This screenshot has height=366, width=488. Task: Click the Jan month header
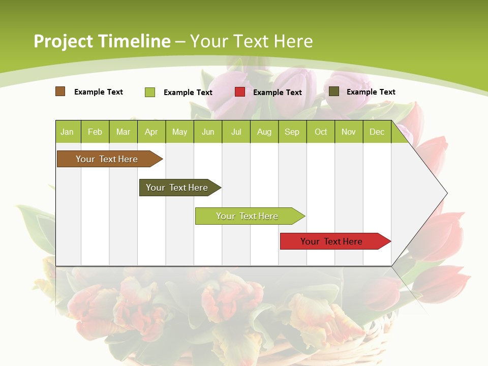[67, 132]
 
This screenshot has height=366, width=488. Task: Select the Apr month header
[151, 132]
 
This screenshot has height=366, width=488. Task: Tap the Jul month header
[236, 132]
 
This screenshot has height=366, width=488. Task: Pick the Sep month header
[292, 132]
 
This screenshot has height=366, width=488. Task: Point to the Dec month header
[377, 132]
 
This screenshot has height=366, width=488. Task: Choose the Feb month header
[95, 132]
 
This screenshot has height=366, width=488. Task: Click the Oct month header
[321, 132]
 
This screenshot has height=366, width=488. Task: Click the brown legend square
[60, 91]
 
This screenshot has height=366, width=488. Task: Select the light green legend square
[150, 92]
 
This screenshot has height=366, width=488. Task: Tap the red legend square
[240, 92]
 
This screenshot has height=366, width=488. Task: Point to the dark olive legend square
[334, 91]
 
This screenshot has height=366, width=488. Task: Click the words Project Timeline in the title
[102, 41]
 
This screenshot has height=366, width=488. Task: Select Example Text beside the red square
[277, 93]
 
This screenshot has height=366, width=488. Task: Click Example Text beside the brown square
[99, 92]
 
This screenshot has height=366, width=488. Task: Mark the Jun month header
[208, 132]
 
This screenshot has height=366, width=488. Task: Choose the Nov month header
[349, 132]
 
